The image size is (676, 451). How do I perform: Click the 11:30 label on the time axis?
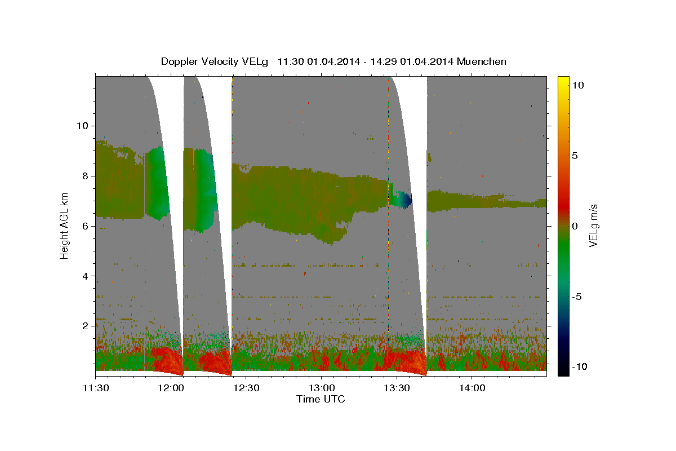(96, 388)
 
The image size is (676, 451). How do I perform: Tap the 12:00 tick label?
(171, 388)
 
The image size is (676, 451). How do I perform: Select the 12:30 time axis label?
(246, 388)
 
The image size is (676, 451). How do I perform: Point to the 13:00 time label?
(322, 388)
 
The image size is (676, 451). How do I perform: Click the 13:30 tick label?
(397, 388)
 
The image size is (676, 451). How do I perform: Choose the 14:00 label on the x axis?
(472, 388)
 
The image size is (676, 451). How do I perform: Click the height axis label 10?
(82, 126)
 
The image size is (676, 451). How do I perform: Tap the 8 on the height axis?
(86, 176)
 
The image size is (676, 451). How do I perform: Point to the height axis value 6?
(86, 226)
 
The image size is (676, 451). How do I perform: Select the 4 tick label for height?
(86, 276)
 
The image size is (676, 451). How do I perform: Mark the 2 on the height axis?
(86, 326)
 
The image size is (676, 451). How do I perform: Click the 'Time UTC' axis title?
(321, 399)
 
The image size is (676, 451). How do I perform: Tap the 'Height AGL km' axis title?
(64, 226)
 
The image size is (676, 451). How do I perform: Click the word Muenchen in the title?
(481, 61)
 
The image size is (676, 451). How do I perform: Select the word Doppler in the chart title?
(179, 62)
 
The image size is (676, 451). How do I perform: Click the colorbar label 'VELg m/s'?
(593, 225)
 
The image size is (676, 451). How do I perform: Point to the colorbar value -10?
(580, 367)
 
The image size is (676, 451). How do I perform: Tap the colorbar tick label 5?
(575, 156)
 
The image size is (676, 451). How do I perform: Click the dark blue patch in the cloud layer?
(407, 200)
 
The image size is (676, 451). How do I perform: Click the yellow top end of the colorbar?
(563, 79)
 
